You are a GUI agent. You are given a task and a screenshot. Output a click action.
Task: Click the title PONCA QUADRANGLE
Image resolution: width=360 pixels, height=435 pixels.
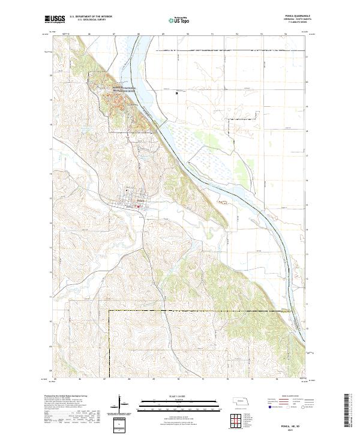pyautogui.click(x=292, y=17)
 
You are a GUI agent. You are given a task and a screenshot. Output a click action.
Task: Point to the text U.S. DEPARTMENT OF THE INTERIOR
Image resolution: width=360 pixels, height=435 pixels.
pyautogui.click(x=91, y=17)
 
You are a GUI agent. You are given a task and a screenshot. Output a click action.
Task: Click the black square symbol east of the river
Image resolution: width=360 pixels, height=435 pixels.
pyautogui.click(x=176, y=93)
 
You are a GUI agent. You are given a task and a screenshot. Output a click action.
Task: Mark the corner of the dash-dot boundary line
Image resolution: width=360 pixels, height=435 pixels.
pyautogui.click(x=109, y=311)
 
